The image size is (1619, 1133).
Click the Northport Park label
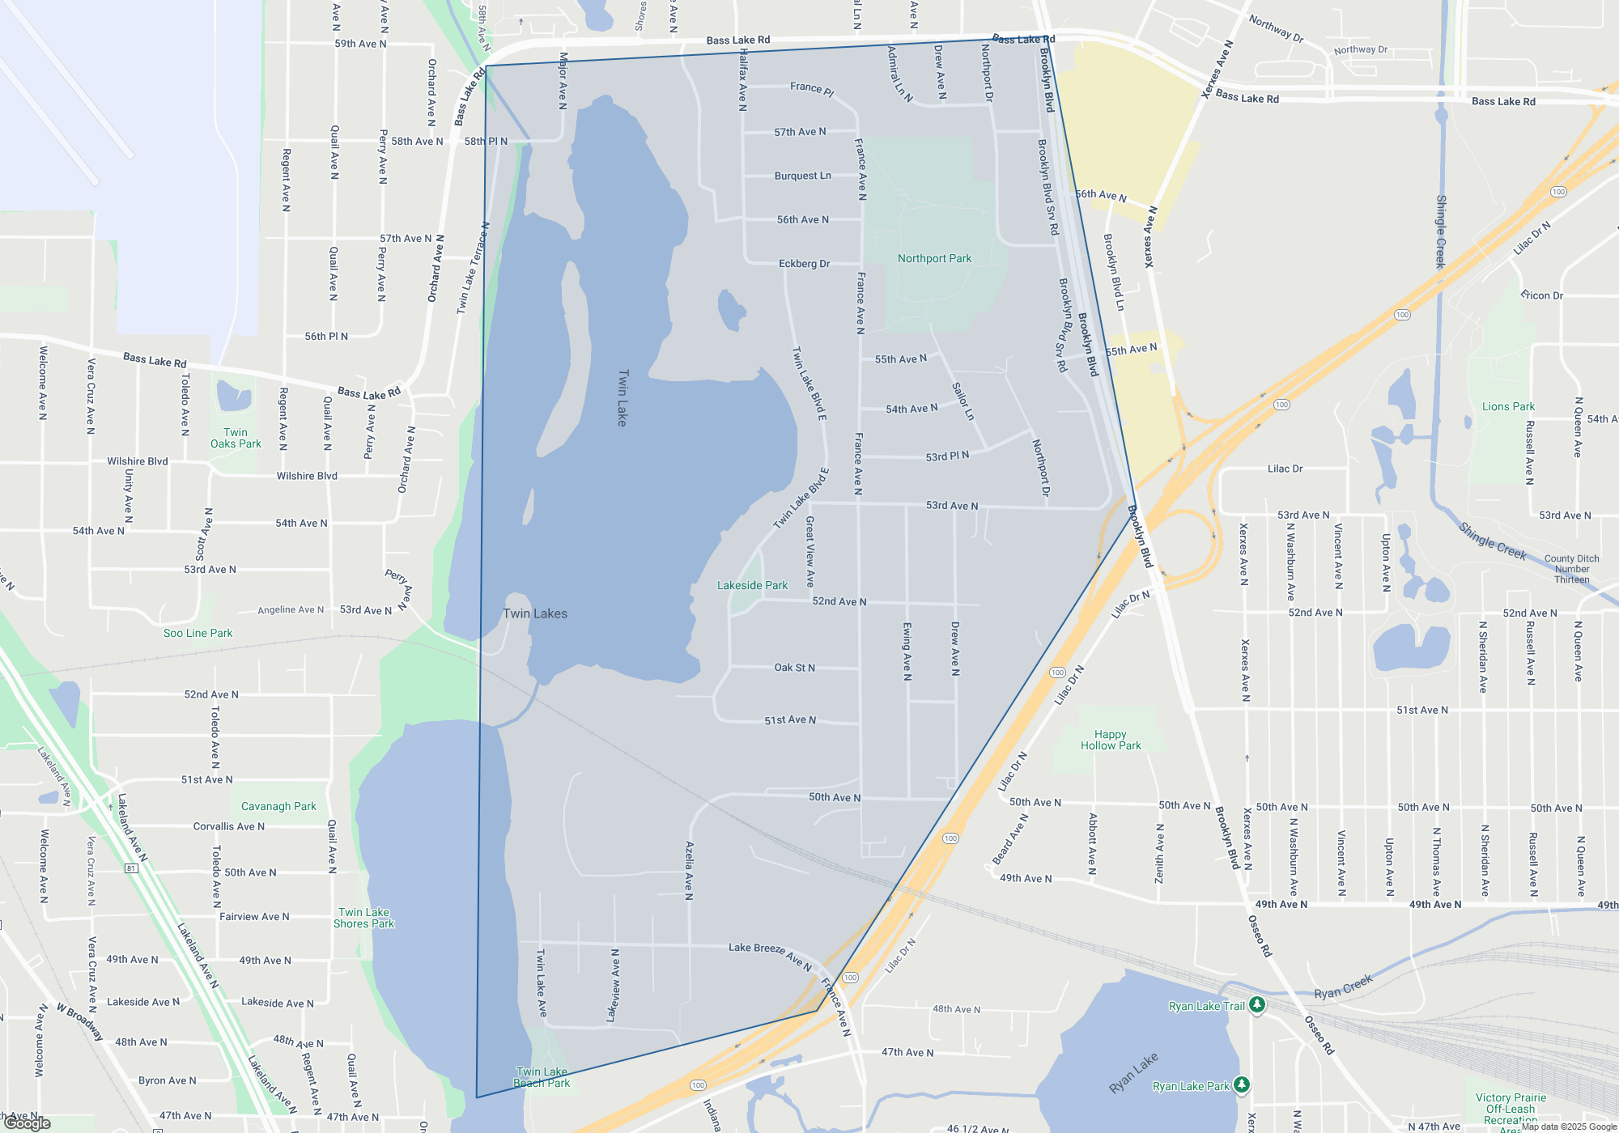pyautogui.click(x=934, y=258)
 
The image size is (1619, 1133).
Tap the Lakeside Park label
pyautogui.click(x=752, y=585)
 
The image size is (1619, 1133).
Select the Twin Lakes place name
pyautogui.click(x=535, y=613)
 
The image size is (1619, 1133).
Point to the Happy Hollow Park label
pyautogui.click(x=1111, y=740)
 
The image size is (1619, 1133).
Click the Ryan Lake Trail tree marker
pyautogui.click(x=1257, y=1004)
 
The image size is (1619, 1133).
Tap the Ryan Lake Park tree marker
pyautogui.click(x=1242, y=1084)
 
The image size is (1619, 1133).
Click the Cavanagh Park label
pyautogui.click(x=278, y=806)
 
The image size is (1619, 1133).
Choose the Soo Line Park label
pyautogui.click(x=198, y=633)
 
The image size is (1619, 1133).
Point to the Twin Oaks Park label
pyautogui.click(x=236, y=438)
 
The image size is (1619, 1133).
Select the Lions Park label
pyautogui.click(x=1508, y=406)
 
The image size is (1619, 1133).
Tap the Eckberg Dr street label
pyautogui.click(x=804, y=263)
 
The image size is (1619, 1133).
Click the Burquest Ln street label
pyautogui.click(x=802, y=176)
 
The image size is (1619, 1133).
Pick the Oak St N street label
pyautogui.click(x=794, y=668)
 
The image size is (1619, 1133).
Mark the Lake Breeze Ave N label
pyautogui.click(x=769, y=955)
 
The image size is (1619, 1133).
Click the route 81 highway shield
pyautogui.click(x=131, y=868)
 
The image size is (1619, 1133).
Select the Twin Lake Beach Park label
pyautogui.click(x=542, y=1077)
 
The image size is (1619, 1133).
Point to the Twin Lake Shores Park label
pyautogui.click(x=363, y=918)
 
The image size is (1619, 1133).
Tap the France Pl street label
pyautogui.click(x=812, y=88)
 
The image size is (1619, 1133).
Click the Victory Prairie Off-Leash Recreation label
pyautogui.click(x=1511, y=1109)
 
